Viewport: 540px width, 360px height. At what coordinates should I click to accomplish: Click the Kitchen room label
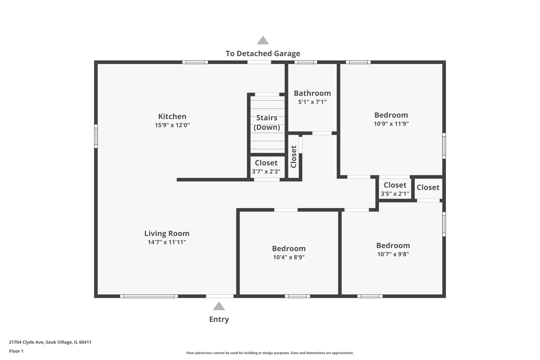[x=172, y=116]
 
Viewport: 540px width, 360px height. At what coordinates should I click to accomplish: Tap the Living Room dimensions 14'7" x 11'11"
[x=167, y=242]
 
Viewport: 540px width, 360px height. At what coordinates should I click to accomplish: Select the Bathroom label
[x=312, y=93]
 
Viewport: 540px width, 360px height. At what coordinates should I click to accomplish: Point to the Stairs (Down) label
[x=267, y=122]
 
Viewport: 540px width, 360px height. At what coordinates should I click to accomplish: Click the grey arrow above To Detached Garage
[x=263, y=41]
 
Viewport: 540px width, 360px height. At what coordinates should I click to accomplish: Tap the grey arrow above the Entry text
[x=219, y=306]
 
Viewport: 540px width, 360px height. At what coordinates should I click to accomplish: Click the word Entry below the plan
[x=219, y=319]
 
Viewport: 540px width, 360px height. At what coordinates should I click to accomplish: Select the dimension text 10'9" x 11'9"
[x=391, y=124]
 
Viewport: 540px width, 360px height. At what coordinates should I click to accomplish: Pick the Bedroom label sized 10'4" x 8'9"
[x=289, y=248]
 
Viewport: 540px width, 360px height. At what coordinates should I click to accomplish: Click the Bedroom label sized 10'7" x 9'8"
[x=393, y=245]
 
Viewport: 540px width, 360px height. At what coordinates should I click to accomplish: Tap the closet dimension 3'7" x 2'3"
[x=266, y=172]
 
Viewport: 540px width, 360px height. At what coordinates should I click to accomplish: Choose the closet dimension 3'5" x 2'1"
[x=395, y=194]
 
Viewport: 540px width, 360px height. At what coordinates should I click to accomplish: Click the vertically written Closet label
[x=294, y=157]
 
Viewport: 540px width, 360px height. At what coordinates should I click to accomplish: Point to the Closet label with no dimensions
[x=428, y=187]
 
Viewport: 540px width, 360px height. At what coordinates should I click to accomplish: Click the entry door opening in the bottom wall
[x=220, y=296]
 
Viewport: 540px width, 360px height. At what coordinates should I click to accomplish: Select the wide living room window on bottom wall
[x=149, y=296]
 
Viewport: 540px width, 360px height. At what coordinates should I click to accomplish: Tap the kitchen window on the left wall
[x=96, y=136]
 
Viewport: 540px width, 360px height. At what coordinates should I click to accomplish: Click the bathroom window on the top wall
[x=306, y=62]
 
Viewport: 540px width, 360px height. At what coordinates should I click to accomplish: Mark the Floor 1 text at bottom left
[x=16, y=351]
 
